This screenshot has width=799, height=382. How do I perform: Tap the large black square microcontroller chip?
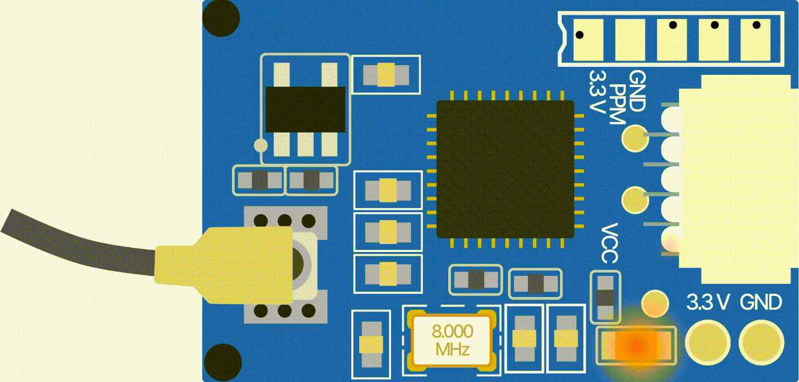tap(505, 169)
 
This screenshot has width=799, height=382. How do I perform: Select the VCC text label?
tap(609, 244)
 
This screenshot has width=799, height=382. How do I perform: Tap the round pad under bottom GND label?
tap(761, 343)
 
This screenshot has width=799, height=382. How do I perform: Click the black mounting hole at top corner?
tap(221, 18)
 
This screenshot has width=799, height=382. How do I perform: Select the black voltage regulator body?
tap(306, 109)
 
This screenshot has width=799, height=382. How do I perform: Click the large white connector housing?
tap(735, 179)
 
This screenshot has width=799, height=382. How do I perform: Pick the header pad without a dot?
tap(631, 40)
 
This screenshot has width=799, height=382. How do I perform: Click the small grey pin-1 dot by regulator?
tap(261, 145)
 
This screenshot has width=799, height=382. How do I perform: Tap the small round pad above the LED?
tap(655, 303)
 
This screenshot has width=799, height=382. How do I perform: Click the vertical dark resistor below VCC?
tap(605, 297)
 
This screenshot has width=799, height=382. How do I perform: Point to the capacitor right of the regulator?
tap(386, 75)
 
